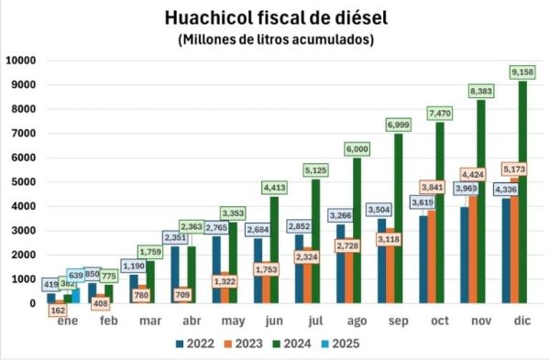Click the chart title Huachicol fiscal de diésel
point(276,17)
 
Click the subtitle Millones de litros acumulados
point(276,39)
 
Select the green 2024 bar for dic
point(522,192)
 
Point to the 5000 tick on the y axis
point(23,182)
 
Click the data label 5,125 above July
point(318,169)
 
